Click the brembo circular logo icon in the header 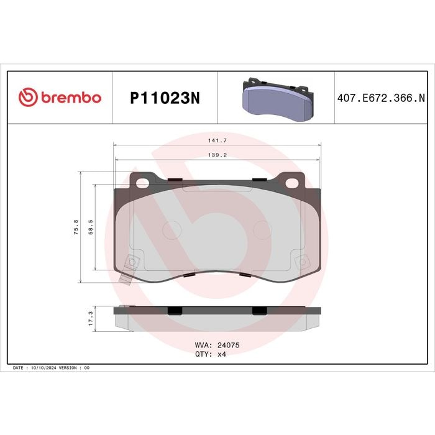pyautogui.click(x=28, y=97)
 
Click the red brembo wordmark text pyautogui.click(x=71, y=97)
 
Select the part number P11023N pyautogui.click(x=165, y=98)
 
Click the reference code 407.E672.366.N pyautogui.click(x=381, y=98)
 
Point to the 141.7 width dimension pyautogui.click(x=217, y=140)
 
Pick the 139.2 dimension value pyautogui.click(x=217, y=155)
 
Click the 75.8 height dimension pyautogui.click(x=76, y=227)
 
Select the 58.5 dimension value pyautogui.click(x=91, y=227)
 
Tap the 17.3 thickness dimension pyautogui.click(x=91, y=318)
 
